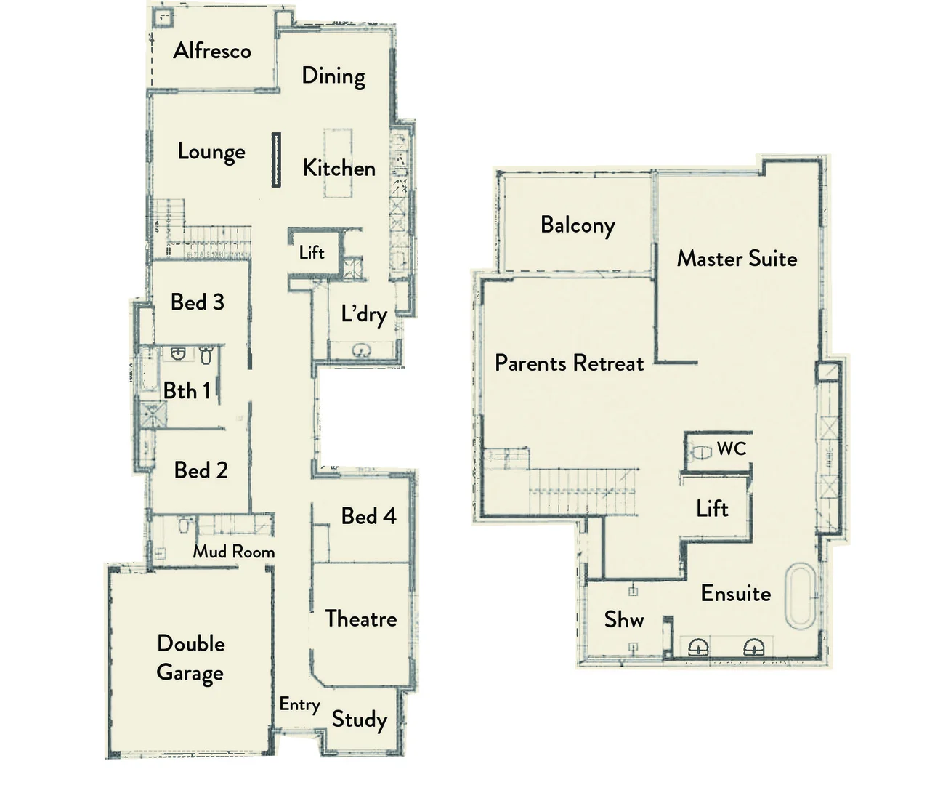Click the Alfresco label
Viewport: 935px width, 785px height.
212,51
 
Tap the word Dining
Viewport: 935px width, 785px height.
333,76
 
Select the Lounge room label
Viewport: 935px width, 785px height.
211,152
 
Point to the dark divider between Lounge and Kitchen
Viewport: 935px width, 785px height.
276,160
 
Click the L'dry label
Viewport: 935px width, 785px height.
363,315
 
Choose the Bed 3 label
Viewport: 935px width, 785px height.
197,302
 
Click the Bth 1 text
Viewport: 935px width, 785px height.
186,391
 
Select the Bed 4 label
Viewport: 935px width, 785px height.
368,516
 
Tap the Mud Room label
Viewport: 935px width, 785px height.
233,552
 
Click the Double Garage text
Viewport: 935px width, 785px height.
190,658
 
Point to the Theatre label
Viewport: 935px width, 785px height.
360,619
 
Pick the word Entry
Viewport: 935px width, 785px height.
299,704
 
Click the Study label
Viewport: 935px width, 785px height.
359,720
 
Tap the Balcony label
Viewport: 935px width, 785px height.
578,225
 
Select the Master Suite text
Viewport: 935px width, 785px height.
737,259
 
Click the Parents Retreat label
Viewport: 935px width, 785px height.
569,363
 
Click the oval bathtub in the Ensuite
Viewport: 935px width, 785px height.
800,596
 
